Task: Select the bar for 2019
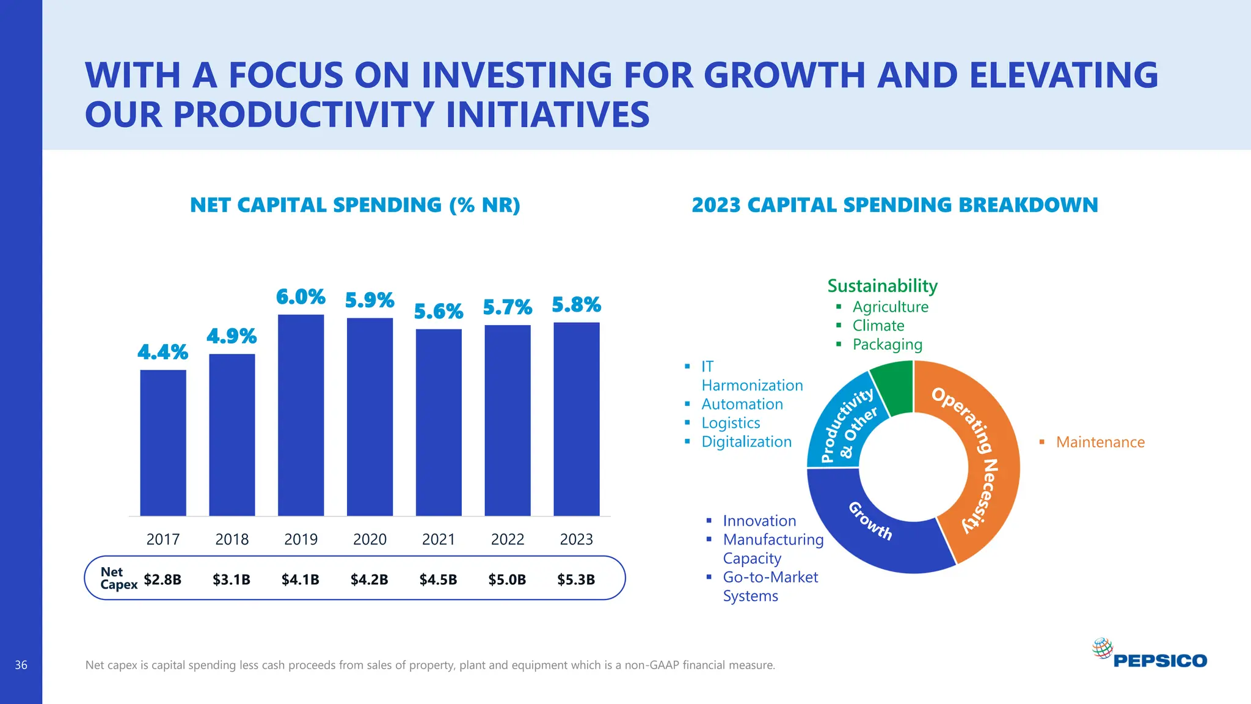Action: tap(301, 416)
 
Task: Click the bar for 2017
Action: tap(163, 443)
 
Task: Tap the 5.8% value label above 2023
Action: tap(576, 304)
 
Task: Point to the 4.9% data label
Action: tap(232, 336)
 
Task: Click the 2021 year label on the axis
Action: tap(439, 539)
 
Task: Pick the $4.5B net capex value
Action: tap(438, 579)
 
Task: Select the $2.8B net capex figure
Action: tap(162, 579)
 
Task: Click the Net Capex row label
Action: tap(118, 578)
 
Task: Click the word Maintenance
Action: tap(1100, 442)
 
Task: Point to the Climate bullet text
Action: tap(878, 326)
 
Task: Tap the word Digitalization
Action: tap(746, 442)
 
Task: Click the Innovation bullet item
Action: tap(759, 521)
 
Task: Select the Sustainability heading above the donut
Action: tap(882, 285)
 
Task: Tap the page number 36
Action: tap(21, 665)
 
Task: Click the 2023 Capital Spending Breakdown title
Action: tap(894, 205)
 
